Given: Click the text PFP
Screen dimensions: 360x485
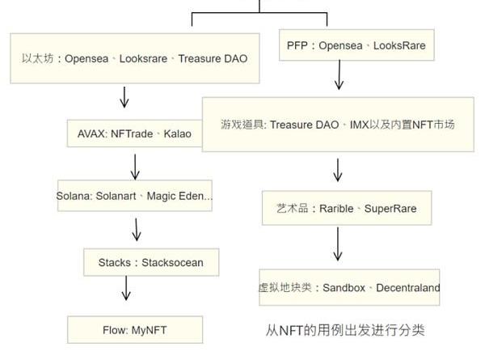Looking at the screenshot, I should point(297,46).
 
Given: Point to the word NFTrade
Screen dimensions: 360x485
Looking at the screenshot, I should point(132,133).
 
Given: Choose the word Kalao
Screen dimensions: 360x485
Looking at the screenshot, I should point(178,133).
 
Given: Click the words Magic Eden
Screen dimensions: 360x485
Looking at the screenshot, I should point(176,196).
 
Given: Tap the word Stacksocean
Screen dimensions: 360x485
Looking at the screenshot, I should point(173,262).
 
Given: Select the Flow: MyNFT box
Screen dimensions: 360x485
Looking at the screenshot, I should point(133,329).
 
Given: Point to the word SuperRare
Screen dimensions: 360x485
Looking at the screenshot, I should point(390,209).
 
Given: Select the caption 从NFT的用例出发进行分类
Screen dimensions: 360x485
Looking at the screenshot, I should point(345,330).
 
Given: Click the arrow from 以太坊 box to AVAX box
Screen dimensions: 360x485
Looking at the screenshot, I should point(124,97).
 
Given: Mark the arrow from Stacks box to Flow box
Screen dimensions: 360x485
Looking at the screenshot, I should point(126,290).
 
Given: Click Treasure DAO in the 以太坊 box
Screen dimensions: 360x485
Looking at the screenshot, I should point(213,59).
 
